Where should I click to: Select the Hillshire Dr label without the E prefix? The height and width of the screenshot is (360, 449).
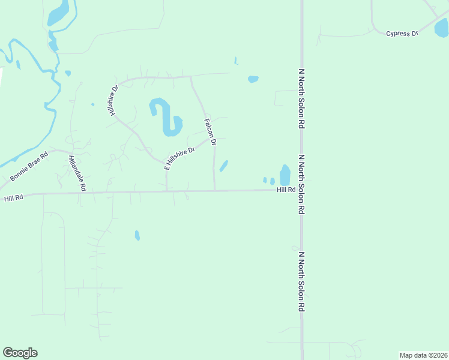113,99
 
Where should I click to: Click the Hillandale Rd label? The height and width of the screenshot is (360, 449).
77,173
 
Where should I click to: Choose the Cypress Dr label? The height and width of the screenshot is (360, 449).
402,34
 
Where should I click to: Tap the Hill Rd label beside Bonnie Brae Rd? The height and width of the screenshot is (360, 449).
13,198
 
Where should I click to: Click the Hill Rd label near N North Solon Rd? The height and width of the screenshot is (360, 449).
286,190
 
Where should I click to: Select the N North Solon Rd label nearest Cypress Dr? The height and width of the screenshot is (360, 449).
302,99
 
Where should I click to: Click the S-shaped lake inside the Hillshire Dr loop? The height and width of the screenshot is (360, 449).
164,117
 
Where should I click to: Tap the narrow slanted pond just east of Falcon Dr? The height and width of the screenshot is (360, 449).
223,166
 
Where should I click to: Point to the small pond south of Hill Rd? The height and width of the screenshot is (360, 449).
137,235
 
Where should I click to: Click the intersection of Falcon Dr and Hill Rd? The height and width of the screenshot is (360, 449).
215,191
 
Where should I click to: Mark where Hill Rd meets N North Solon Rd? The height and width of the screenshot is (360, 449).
302,190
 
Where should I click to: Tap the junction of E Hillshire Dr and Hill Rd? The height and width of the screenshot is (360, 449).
166,192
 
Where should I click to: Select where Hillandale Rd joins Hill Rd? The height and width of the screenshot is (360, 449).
83,193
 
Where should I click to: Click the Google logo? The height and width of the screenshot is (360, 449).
20,353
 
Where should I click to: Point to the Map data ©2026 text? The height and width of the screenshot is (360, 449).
423,355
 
